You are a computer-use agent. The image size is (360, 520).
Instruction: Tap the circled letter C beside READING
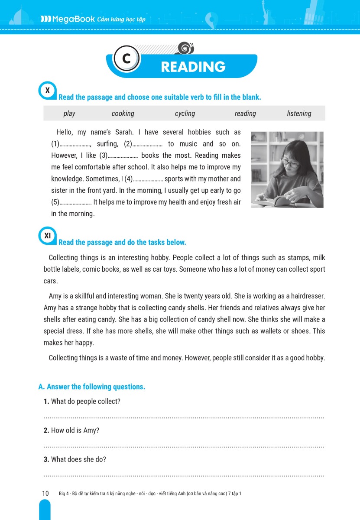coord(126,59)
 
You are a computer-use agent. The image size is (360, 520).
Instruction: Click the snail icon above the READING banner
coord(185,48)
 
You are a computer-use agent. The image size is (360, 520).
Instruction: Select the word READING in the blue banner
coord(193,67)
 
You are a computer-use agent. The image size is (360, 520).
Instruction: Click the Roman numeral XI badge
coord(48,236)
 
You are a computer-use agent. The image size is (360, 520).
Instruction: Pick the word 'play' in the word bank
coord(69,114)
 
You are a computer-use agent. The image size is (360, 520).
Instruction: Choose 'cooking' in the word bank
coord(123,114)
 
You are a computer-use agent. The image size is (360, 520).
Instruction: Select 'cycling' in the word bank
coord(185,114)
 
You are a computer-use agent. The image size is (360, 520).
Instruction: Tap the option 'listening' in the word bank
coord(299,114)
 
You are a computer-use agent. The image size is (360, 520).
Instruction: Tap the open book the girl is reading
coord(271,201)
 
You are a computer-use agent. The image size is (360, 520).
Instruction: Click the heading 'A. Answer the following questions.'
coord(92,387)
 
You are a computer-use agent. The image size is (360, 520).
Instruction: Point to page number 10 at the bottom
coord(45,493)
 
